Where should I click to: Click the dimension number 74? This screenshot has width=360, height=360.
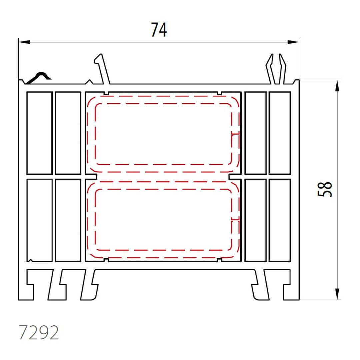pyautogui.click(x=159, y=30)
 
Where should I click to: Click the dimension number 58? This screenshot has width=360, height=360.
pyautogui.click(x=325, y=189)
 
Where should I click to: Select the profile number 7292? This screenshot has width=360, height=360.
pyautogui.click(x=39, y=332)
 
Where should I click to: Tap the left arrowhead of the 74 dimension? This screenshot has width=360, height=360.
pyautogui.click(x=24, y=42)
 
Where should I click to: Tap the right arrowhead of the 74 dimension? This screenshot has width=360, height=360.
pyautogui.click(x=293, y=42)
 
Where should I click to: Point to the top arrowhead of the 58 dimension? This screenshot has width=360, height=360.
pyautogui.click(x=337, y=86)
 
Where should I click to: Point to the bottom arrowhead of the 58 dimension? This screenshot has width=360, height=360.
pyautogui.click(x=337, y=294)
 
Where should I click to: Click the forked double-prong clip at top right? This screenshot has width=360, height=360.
pyautogui.click(x=276, y=69)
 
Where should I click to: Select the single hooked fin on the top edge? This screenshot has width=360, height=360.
pyautogui.click(x=102, y=69)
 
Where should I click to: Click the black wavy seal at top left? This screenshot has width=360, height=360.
pyautogui.click(x=38, y=78)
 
